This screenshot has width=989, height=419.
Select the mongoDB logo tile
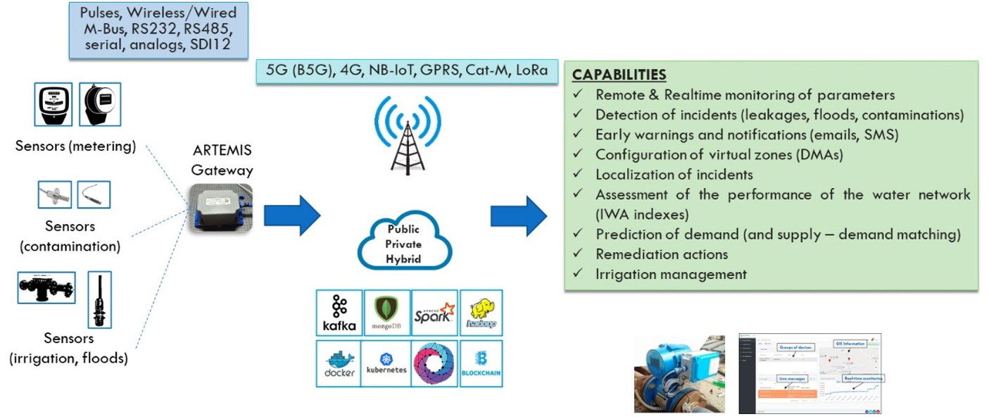pyautogui.click(x=386, y=313)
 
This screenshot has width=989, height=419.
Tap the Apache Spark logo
pyautogui.click(x=434, y=313)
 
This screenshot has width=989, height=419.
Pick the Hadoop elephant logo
pyautogui.click(x=481, y=313)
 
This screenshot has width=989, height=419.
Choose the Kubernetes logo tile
pyautogui.click(x=386, y=363)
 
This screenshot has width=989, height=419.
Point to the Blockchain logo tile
pyautogui.click(x=481, y=363)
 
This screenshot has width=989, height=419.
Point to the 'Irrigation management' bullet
pyautogui.click(x=671, y=274)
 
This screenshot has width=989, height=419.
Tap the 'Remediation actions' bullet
pyautogui.click(x=661, y=254)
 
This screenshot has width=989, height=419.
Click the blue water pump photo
pyautogui.click(x=679, y=373)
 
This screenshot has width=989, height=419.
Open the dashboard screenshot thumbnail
pyautogui.click(x=810, y=373)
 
